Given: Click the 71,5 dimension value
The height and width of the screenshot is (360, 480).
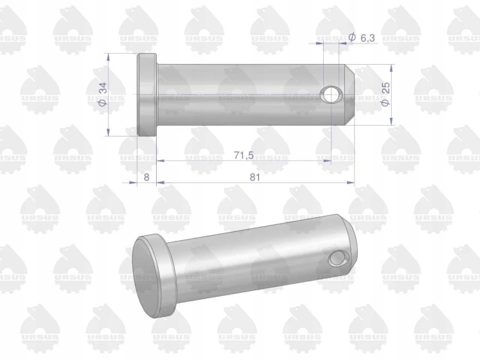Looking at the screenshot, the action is (x=244, y=155).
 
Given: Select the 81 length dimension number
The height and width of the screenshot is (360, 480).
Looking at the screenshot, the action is (x=255, y=177).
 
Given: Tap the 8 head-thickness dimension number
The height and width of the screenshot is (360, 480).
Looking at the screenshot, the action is (x=147, y=177).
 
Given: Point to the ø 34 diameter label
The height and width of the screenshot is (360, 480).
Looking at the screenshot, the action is (x=102, y=94).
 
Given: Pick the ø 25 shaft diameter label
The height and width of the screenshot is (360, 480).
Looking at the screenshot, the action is (x=385, y=94).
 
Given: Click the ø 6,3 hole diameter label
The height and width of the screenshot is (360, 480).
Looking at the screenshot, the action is (x=362, y=38).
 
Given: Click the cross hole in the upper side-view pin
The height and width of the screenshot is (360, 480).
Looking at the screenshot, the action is (x=330, y=94).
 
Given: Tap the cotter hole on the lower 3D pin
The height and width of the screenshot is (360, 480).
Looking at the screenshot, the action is (x=339, y=259).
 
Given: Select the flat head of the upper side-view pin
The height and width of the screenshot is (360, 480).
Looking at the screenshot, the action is (x=147, y=95).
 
